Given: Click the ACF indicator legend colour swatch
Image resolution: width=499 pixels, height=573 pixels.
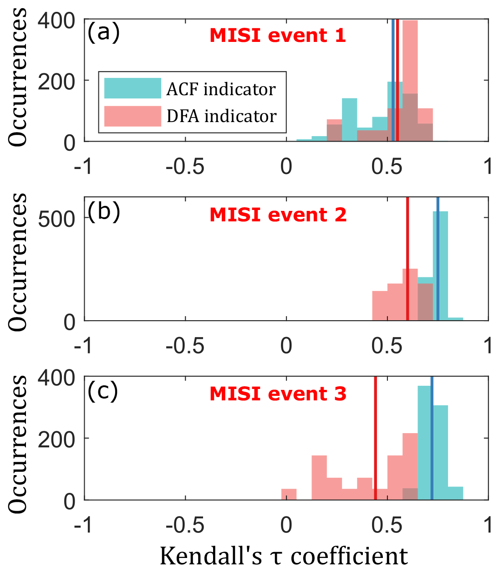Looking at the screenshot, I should (132, 88).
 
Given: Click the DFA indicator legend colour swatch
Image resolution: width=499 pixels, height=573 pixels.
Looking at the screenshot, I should (132, 116).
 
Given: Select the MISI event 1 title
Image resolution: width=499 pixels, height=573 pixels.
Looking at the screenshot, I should (278, 36).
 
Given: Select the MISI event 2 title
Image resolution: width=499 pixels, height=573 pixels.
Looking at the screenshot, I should (278, 215).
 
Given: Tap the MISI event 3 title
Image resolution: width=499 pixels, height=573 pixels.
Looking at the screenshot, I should (278, 394).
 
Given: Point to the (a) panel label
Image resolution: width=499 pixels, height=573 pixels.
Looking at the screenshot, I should (103, 33).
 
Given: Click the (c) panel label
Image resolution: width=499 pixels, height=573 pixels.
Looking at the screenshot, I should (102, 391).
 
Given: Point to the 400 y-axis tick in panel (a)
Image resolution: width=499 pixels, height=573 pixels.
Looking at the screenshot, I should (56, 20).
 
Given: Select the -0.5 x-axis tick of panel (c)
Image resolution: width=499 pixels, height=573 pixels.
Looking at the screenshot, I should (184, 525).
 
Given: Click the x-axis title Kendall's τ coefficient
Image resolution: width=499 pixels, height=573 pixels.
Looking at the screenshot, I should (283, 556).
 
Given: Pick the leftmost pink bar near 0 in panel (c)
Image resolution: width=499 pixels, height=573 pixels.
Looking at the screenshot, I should (289, 495).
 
